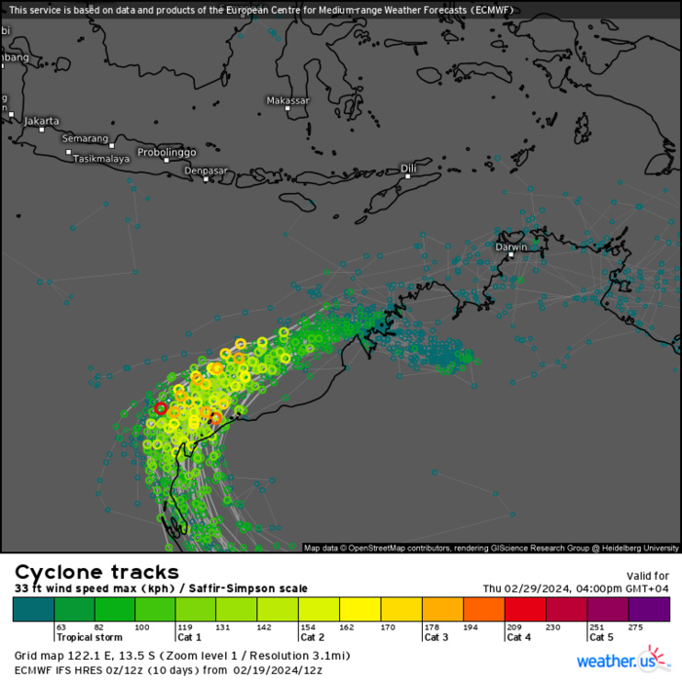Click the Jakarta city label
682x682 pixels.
[x=42, y=121]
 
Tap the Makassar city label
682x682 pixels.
[x=287, y=101]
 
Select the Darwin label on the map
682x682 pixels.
[x=511, y=247]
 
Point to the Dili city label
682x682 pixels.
[x=408, y=169]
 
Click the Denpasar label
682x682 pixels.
[x=206, y=170]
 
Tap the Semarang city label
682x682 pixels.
[x=85, y=139]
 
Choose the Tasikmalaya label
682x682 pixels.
[x=101, y=159]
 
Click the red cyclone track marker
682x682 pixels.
[x=161, y=408]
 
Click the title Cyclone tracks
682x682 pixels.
[x=96, y=572]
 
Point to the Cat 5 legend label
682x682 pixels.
[x=601, y=636]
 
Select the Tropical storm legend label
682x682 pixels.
[x=89, y=636]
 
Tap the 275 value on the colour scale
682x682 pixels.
[x=637, y=627]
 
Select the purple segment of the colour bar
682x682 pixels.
[x=649, y=609]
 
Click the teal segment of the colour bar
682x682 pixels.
[x=34, y=609]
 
